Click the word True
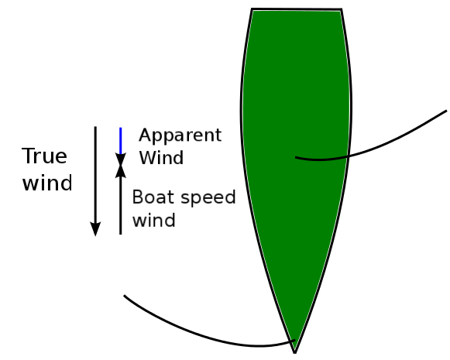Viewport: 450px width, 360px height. tap(44, 156)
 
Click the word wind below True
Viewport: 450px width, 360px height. tap(47, 183)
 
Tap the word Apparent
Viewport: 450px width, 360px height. tap(180, 135)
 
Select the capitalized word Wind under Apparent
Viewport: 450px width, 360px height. tap(161, 157)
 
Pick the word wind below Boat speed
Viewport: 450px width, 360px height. tap(154, 221)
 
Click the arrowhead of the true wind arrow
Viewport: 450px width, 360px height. tap(95, 229)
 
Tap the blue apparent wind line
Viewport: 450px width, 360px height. tap(121, 141)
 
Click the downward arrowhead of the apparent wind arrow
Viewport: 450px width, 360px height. tap(121, 159)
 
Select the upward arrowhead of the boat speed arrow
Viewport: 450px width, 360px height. tap(121, 171)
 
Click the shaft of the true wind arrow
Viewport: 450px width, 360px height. tap(95, 174)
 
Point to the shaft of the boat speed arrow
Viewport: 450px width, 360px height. tap(121, 206)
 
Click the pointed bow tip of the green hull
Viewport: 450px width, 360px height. tap(295, 352)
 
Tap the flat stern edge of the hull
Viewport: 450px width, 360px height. tap(297, 9)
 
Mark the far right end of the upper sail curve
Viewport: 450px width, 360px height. tap(447, 111)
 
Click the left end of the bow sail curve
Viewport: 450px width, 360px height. tap(124, 296)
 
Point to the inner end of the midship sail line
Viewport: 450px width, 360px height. tap(296, 157)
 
